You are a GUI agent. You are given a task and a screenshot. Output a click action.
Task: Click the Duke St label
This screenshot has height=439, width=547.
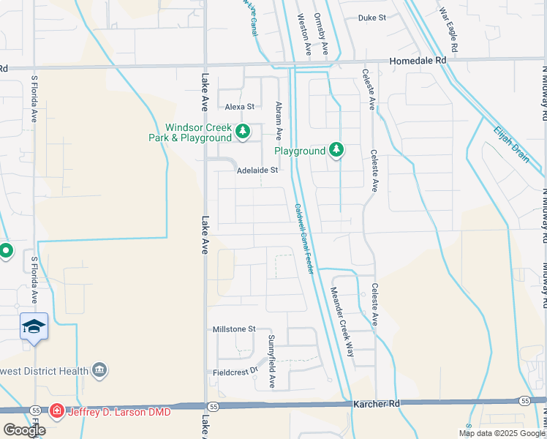click(x=371, y=18)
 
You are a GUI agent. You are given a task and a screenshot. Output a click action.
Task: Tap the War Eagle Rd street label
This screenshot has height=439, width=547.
click(x=448, y=29)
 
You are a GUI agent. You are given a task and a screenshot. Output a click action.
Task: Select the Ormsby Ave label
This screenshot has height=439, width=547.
click(x=320, y=34)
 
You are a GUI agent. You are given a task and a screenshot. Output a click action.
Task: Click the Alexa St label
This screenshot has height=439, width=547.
click(x=239, y=107)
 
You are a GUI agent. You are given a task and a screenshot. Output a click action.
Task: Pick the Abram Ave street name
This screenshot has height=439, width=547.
click(x=279, y=121)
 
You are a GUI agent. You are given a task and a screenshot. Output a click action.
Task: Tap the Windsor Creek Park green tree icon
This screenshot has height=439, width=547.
click(x=244, y=132)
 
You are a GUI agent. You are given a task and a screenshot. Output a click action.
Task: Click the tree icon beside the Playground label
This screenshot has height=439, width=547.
click(x=336, y=151)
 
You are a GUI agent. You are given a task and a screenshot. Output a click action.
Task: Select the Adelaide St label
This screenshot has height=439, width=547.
click(x=257, y=170)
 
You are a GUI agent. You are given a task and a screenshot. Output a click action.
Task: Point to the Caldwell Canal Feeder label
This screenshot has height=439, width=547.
click(x=304, y=239)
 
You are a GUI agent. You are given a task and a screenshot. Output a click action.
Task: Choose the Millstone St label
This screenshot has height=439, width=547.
click(x=233, y=330)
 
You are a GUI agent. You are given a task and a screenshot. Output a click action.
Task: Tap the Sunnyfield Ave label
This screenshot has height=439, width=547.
click(x=271, y=361)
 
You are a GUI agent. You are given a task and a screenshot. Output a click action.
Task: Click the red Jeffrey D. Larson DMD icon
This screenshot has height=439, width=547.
click(x=56, y=413)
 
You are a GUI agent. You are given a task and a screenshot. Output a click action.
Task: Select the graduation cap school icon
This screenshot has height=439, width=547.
click(x=34, y=326)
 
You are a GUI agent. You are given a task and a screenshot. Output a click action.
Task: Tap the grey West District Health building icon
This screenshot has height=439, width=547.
click(x=100, y=372)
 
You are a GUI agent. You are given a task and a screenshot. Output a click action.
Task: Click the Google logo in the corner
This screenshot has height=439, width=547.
click(x=24, y=430)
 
